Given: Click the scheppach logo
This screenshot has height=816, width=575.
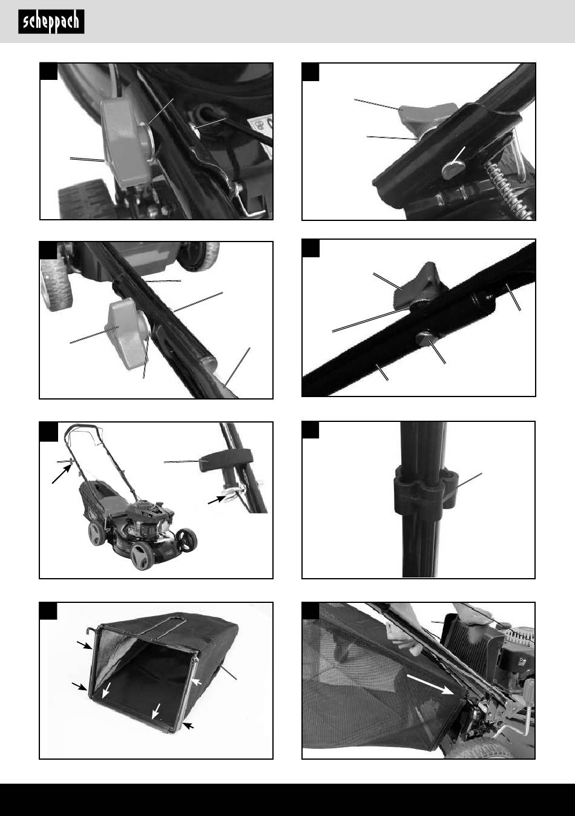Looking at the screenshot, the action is pyautogui.click(x=51, y=22).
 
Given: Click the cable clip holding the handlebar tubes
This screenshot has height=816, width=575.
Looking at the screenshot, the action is pyautogui.click(x=425, y=486).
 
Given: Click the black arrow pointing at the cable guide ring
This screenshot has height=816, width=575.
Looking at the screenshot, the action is pyautogui.click(x=217, y=499).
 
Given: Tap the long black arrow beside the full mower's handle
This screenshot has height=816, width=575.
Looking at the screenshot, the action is pyautogui.click(x=61, y=475).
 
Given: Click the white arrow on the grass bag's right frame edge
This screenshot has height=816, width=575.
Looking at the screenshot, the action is pyautogui.click(x=196, y=682).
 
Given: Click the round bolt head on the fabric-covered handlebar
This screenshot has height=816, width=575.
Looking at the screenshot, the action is pyautogui.click(x=424, y=339).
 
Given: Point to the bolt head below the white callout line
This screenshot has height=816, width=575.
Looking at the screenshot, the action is pyautogui.click(x=452, y=169).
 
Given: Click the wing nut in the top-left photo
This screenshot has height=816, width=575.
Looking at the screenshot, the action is pyautogui.click(x=126, y=143).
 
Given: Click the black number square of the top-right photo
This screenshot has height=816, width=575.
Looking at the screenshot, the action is pyautogui.click(x=310, y=72).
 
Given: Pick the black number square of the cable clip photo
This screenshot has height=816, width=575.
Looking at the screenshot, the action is pyautogui.click(x=310, y=430).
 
